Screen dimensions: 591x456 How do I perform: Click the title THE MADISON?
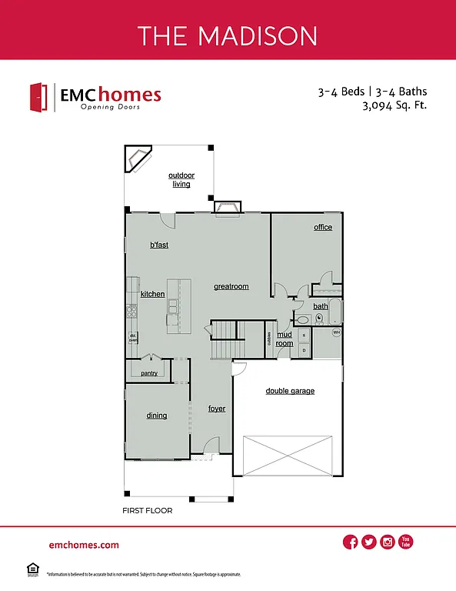[228, 35]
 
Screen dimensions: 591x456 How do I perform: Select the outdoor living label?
[181, 179]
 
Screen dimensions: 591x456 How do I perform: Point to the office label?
[323, 227]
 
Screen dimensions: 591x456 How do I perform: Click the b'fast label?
[159, 245]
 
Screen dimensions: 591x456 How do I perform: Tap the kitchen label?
[152, 294]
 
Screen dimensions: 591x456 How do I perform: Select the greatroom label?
[231, 286]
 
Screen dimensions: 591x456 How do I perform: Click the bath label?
[320, 306]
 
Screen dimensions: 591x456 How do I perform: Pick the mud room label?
[285, 339]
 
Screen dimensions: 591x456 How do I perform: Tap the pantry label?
[149, 373]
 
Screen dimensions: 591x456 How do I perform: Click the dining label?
[157, 416]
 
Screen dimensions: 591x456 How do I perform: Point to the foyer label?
[217, 409]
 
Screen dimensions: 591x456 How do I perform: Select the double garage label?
[290, 391]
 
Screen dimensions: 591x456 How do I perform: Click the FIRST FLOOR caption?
[147, 510]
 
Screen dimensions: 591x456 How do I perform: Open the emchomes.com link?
[84, 545]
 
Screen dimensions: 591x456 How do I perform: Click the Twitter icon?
[369, 543]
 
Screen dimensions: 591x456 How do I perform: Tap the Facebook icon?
[351, 543]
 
